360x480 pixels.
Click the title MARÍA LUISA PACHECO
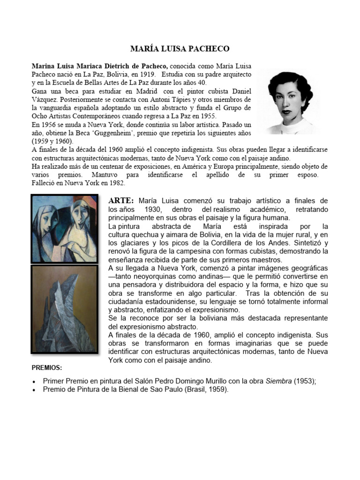pyautogui.click(x=180, y=49)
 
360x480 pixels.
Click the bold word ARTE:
pyautogui.click(x=121, y=201)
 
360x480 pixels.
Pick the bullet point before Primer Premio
pyautogui.click(x=34, y=382)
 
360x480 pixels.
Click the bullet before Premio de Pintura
pyautogui.click(x=34, y=390)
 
